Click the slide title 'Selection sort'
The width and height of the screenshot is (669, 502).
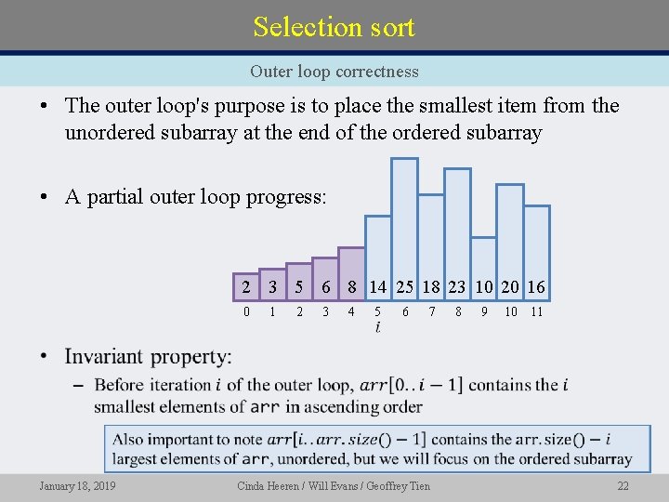pyautogui.click(x=334, y=26)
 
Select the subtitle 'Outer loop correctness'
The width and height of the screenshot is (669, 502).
pyautogui.click(x=334, y=72)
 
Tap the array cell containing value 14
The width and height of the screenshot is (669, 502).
pyautogui.click(x=377, y=287)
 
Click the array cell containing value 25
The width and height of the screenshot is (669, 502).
pyautogui.click(x=405, y=287)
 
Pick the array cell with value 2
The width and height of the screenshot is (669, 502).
pyautogui.click(x=245, y=287)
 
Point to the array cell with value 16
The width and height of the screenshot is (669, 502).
pyautogui.click(x=536, y=287)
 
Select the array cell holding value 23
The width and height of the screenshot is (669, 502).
pyautogui.click(x=458, y=287)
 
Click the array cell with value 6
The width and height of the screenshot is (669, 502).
pyautogui.click(x=325, y=287)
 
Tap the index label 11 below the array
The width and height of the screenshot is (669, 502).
pyautogui.click(x=536, y=312)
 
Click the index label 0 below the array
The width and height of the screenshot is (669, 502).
pyautogui.click(x=245, y=312)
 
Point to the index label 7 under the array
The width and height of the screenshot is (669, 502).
pyautogui.click(x=431, y=312)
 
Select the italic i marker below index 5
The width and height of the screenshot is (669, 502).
pyautogui.click(x=377, y=328)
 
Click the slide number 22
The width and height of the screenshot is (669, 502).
pyautogui.click(x=623, y=486)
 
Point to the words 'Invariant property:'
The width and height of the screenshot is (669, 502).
pyautogui.click(x=148, y=357)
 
